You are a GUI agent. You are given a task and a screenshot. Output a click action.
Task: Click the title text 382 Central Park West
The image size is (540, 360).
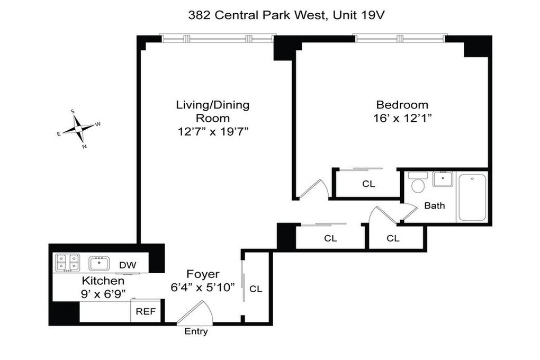(257, 15)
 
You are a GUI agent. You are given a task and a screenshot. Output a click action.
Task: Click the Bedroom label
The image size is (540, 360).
(402, 105)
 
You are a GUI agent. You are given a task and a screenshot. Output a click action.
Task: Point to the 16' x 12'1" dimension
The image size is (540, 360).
(402, 118)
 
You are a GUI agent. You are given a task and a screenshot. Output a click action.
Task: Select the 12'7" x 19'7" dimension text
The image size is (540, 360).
(213, 132)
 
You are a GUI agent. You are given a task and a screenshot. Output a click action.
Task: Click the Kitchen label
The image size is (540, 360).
(103, 281)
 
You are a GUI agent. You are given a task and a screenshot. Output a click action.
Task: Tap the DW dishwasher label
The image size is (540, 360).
(128, 265)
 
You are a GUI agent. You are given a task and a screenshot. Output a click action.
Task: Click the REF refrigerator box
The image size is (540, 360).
(146, 311)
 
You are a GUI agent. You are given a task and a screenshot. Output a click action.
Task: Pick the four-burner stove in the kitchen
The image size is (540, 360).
(68, 263)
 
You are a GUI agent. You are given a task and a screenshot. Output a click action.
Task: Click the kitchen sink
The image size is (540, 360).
(99, 264)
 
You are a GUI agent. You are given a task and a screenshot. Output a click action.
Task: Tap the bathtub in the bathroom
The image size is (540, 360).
(472, 198)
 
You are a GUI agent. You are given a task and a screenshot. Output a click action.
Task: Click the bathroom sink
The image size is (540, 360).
(443, 179)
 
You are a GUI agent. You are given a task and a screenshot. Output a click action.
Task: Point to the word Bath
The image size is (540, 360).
(434, 205)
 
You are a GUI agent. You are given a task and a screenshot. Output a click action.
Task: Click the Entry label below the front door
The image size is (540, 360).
(196, 331)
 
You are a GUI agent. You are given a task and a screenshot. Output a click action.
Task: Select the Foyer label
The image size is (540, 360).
(203, 274)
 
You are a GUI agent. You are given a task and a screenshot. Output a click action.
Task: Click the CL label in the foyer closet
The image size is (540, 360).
(256, 289)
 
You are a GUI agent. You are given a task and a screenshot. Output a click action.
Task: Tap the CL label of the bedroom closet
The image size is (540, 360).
(368, 184)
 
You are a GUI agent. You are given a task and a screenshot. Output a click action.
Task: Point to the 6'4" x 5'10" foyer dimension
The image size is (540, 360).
(203, 287)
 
